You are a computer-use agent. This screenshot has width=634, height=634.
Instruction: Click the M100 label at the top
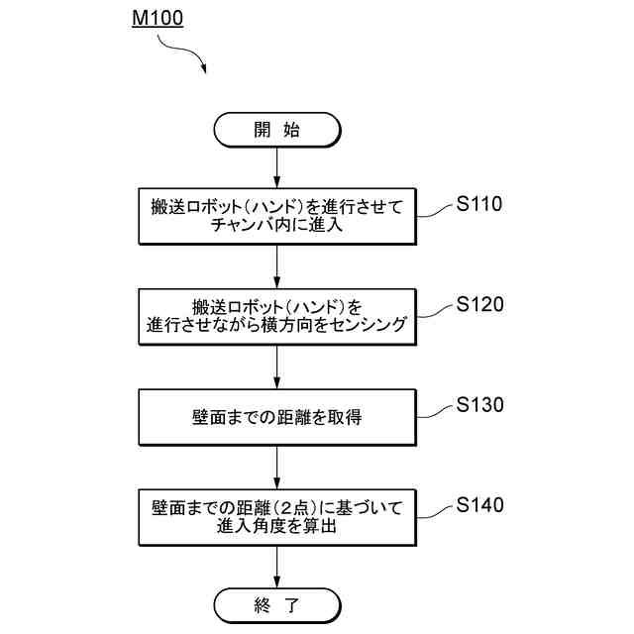click(x=157, y=19)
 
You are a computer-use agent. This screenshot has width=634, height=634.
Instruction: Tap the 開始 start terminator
click(x=276, y=129)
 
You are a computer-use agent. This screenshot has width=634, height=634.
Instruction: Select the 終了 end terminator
click(x=276, y=602)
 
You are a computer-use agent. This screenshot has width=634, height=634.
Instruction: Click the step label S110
click(x=480, y=205)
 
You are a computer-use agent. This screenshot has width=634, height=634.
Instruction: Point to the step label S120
click(x=480, y=304)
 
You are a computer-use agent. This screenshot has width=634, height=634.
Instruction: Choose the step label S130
click(x=480, y=405)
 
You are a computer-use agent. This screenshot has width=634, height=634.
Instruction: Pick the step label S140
click(x=480, y=505)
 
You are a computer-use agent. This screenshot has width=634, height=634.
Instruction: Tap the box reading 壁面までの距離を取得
click(x=276, y=417)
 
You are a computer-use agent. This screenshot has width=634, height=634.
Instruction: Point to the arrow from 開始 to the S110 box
click(x=276, y=166)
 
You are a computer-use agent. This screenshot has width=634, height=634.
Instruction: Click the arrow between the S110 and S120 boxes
click(x=276, y=266)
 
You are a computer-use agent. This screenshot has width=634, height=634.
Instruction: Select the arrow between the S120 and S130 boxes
click(x=276, y=367)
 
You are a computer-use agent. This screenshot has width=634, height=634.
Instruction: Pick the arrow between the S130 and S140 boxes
click(x=276, y=467)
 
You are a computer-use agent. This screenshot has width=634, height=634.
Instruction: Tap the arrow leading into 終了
click(x=276, y=566)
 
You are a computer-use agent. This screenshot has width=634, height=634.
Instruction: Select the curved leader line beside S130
click(x=436, y=411)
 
